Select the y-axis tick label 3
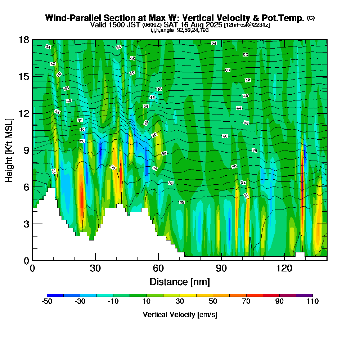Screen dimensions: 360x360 (26, 224)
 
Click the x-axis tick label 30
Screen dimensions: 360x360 (95, 268)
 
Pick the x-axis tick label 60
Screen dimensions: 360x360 (158, 268)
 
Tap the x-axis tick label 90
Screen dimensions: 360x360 (221, 268)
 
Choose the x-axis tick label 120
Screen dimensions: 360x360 (284, 268)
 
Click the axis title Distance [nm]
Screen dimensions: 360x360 (180, 282)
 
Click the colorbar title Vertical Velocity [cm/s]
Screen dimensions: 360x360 (180, 315)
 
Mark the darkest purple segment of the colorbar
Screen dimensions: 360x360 (304, 295)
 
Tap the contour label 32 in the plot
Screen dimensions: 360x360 (182, 202)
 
